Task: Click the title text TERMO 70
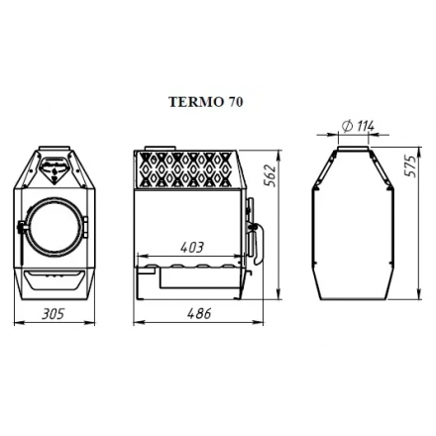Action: tap(206, 101)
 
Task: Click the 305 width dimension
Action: tap(53, 314)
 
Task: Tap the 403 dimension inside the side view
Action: tap(193, 247)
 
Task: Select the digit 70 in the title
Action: tap(233, 101)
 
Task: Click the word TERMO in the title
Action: tap(196, 101)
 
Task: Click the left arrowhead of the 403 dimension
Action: tap(139, 256)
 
